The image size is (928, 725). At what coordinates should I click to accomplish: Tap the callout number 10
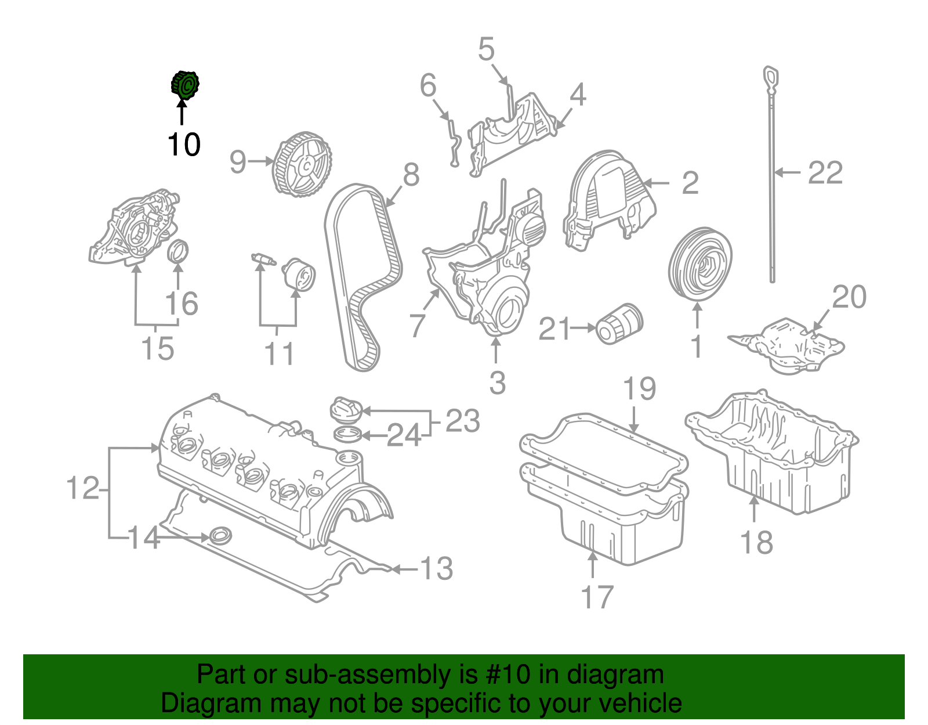tap(184, 145)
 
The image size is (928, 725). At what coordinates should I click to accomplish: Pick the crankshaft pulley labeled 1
tap(700, 265)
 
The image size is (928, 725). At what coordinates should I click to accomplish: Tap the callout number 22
tap(825, 172)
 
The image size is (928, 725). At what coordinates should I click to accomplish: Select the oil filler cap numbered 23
tap(346, 409)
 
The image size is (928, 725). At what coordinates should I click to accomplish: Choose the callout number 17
tap(597, 597)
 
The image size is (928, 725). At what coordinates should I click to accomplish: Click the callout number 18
tap(757, 543)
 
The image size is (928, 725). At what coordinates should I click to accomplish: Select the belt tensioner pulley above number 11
tap(299, 275)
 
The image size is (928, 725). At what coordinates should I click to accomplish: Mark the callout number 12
tap(83, 488)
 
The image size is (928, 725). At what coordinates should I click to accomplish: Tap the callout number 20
tap(849, 297)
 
